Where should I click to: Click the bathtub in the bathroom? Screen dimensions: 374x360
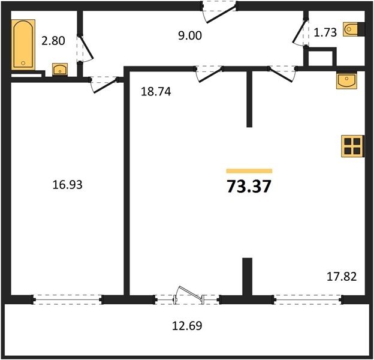[x=23, y=44]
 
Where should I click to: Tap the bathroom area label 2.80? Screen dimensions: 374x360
[x=53, y=41]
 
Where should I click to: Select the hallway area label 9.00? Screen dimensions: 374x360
[x=190, y=35]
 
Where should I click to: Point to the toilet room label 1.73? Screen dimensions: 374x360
[x=325, y=32]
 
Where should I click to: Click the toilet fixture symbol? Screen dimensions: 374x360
[x=351, y=29]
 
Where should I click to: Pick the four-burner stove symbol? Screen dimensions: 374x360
[x=352, y=146]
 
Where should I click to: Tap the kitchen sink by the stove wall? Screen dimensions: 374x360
[x=346, y=80]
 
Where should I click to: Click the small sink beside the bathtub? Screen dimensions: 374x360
[x=60, y=70]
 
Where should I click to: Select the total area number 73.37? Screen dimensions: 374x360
[x=249, y=186]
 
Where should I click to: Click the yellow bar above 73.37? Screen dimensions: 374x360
[x=249, y=170]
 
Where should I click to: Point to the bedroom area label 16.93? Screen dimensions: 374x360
[x=67, y=185]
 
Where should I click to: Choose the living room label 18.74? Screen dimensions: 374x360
[x=156, y=91]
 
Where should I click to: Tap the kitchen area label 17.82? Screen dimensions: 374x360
[x=342, y=277]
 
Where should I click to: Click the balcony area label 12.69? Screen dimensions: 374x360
[x=187, y=326]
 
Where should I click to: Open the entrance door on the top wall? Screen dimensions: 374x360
[x=220, y=12]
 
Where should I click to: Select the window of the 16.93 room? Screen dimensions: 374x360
[x=68, y=299]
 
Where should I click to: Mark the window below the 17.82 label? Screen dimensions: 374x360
[x=309, y=299]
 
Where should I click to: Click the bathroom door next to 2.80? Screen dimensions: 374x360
[x=85, y=49]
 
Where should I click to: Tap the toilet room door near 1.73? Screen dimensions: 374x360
[x=300, y=33]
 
